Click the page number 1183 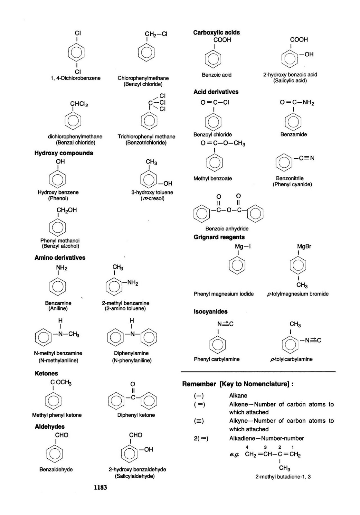click(100, 487)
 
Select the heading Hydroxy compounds click(63, 153)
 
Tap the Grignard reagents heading click(219, 237)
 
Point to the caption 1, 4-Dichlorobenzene click(76, 78)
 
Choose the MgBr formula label click(304, 247)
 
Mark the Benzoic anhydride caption click(227, 229)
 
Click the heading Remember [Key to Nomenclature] click(238, 384)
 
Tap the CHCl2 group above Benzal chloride click(79, 104)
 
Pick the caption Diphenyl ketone click(136, 415)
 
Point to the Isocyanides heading click(210, 312)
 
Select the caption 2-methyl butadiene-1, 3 click(283, 477)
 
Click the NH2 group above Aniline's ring click(62, 268)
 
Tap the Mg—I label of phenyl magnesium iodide click(242, 247)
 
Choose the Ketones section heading click(46, 373)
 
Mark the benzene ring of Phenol click(58, 179)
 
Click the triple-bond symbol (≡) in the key click(199, 421)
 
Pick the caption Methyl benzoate click(213, 179)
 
